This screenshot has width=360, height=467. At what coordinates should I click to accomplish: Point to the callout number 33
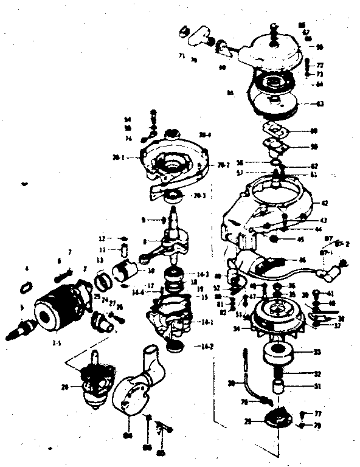pyautogui.click(x=317, y=353)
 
